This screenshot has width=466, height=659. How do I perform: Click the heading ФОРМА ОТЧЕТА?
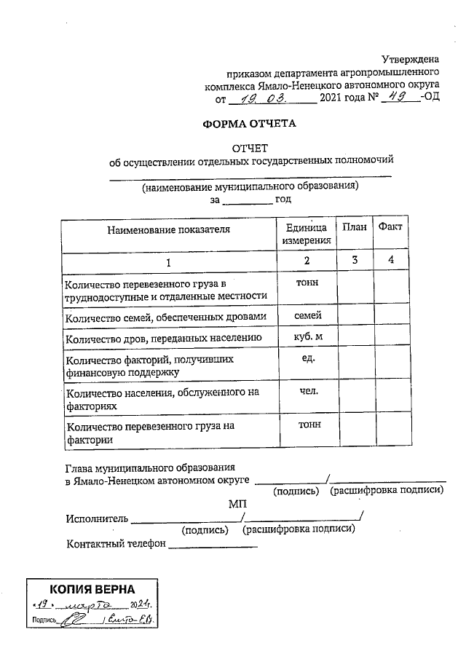point(250,124)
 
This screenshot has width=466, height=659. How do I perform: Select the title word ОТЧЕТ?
point(250,148)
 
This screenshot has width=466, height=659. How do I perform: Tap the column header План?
point(354,227)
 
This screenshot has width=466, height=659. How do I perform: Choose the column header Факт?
point(390,227)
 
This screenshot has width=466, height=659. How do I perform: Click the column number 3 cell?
point(354,261)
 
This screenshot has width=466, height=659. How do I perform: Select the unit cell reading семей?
point(307,315)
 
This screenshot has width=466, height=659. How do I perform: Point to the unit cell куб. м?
point(307,337)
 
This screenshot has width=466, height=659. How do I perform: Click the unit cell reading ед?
point(307,358)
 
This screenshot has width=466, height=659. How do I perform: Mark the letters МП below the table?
point(238,504)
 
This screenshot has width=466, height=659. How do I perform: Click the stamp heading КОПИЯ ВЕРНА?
point(92,589)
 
